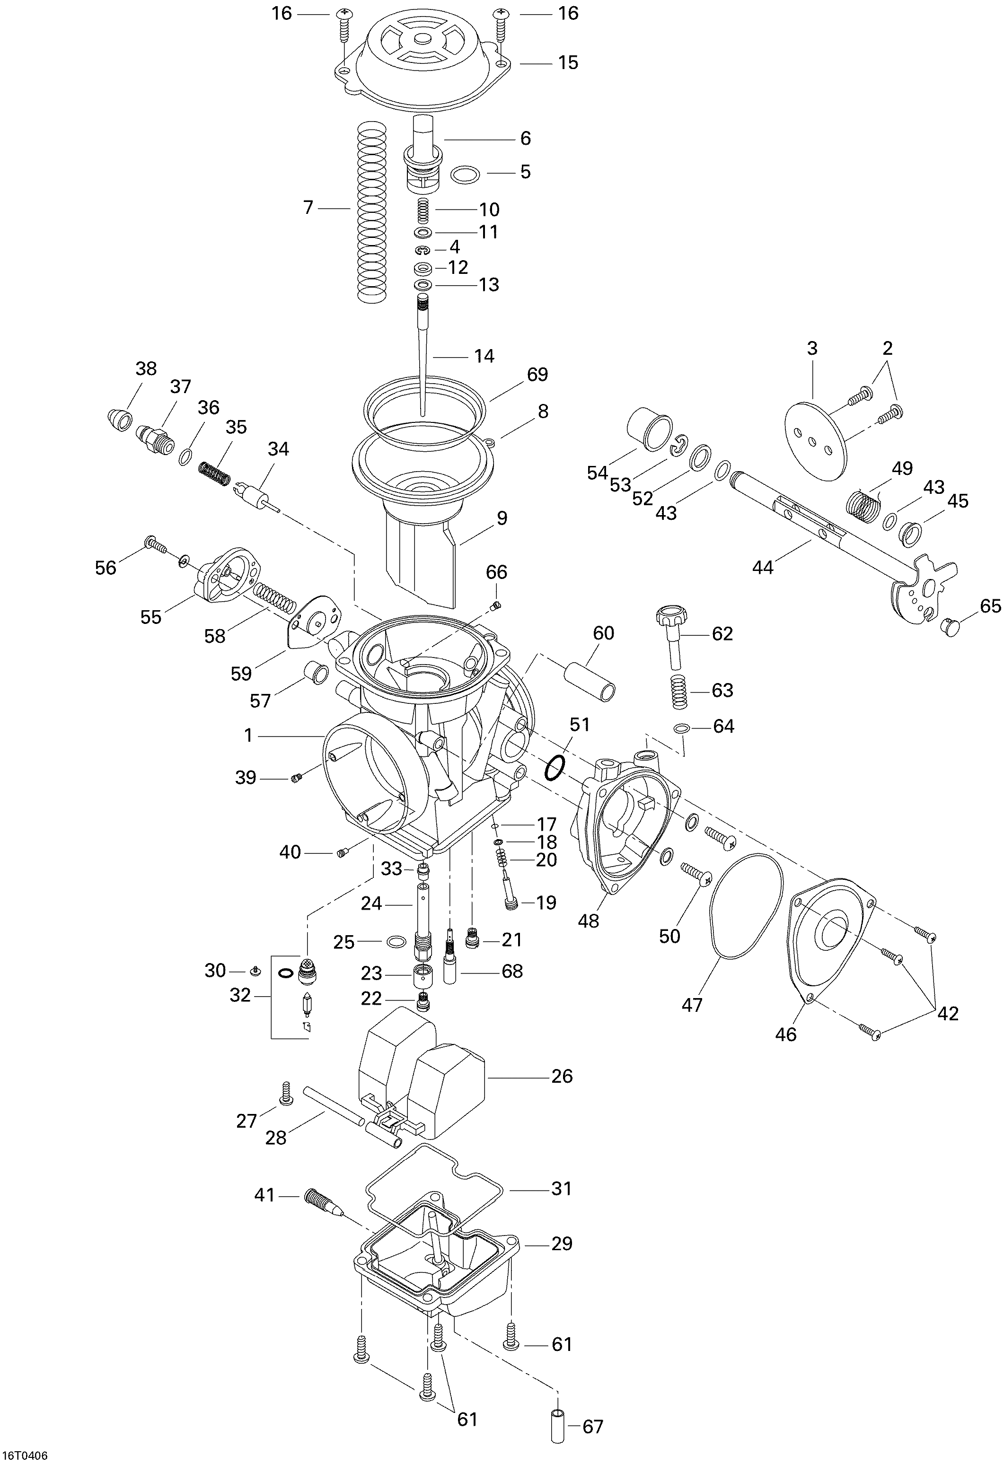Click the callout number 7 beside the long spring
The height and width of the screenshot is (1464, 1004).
[308, 207]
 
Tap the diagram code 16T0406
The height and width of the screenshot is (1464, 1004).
[24, 1456]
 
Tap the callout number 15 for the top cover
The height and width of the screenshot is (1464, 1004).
[567, 62]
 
